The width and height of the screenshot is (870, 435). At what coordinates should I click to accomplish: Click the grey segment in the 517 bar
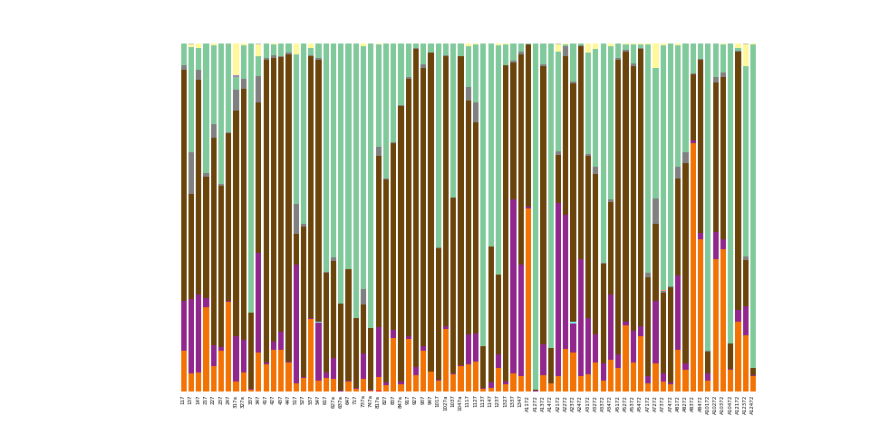(x=295, y=218)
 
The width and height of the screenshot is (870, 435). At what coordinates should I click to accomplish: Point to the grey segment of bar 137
(x=190, y=172)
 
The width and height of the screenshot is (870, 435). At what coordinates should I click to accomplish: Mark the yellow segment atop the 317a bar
(x=236, y=59)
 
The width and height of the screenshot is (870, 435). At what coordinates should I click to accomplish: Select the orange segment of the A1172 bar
(x=527, y=299)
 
